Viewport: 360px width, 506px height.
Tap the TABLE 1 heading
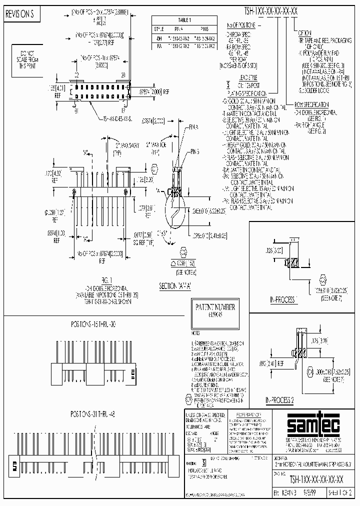(x=184, y=20)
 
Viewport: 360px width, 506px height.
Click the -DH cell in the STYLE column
(x=159, y=37)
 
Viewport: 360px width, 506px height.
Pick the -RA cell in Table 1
(x=159, y=45)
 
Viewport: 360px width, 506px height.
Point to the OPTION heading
(x=307, y=31)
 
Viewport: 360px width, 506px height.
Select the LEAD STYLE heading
(x=248, y=77)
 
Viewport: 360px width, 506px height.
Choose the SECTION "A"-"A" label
(x=175, y=285)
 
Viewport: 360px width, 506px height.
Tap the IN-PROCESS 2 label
(x=280, y=400)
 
